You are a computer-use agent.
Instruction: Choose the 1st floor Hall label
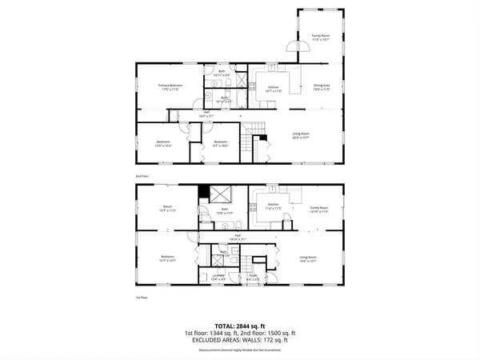[238, 236]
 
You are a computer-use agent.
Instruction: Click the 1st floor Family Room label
[319, 209]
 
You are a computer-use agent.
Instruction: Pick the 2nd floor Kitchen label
[272, 86]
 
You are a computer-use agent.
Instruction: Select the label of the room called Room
[168, 207]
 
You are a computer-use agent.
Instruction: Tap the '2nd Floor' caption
[142, 175]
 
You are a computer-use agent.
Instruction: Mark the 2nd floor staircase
[255, 130]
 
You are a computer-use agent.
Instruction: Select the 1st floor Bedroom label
[168, 258]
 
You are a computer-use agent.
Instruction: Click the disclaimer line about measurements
[239, 350]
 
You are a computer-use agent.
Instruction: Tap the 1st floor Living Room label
[309, 258]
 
